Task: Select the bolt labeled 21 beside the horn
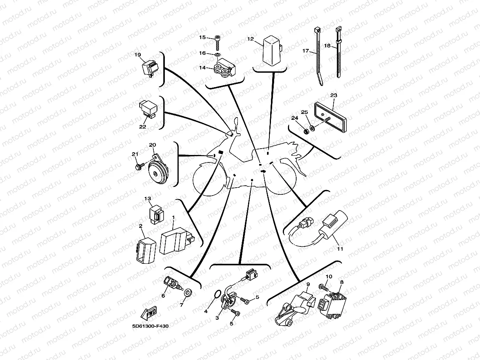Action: click(x=138, y=168)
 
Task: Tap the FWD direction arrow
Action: click(x=149, y=313)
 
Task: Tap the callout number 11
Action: click(x=340, y=249)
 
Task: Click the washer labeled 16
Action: click(x=218, y=53)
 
